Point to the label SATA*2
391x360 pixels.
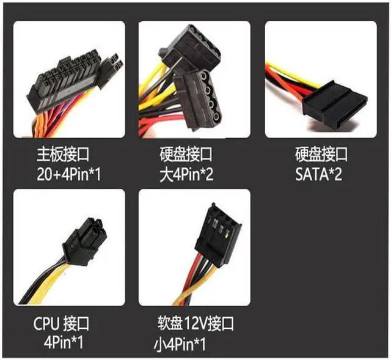tap(319, 175)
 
